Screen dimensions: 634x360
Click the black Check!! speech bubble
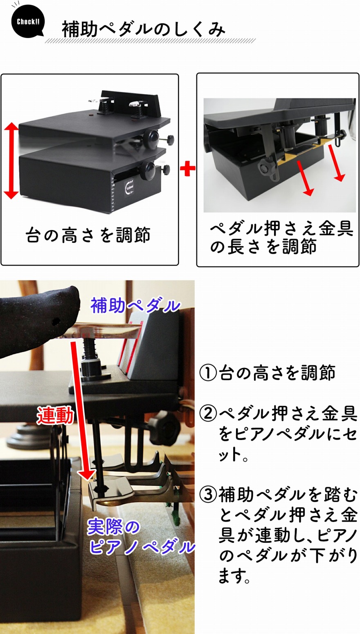pyautogui.click(x=28, y=22)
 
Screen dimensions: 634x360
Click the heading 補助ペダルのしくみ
pyautogui.click(x=143, y=29)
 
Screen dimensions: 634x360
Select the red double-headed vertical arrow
pyautogui.click(x=11, y=161)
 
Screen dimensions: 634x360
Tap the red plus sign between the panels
pyautogui.click(x=187, y=169)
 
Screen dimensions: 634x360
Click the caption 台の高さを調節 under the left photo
pyautogui.click(x=88, y=235)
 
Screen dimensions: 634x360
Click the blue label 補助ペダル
pyautogui.click(x=135, y=306)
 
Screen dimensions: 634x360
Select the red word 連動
pyautogui.click(x=56, y=416)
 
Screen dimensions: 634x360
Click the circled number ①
pyautogui.click(x=209, y=373)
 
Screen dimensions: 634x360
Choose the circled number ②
pyautogui.click(x=209, y=414)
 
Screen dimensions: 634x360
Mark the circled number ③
pyautogui.click(x=209, y=495)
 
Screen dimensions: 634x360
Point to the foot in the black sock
pyautogui.click(x=37, y=319)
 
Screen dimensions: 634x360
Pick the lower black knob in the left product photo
pyautogui.click(x=148, y=170)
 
